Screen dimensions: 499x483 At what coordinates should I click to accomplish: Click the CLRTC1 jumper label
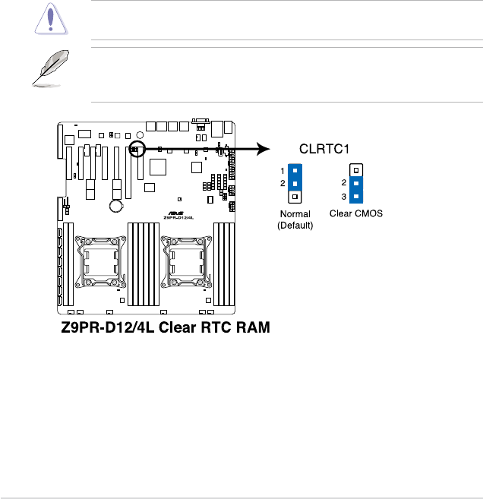pyautogui.click(x=324, y=150)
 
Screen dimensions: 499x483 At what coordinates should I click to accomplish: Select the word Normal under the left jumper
pyautogui.click(x=295, y=214)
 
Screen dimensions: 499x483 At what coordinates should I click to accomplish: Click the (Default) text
pyautogui.click(x=295, y=225)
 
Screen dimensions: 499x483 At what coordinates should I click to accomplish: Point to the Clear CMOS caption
pyautogui.click(x=355, y=214)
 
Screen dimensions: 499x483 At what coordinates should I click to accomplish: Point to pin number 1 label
pyautogui.click(x=283, y=171)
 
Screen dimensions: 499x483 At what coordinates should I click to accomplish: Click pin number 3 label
pyautogui.click(x=344, y=197)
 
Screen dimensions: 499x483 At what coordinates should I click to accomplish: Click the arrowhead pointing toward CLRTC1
pyautogui.click(x=264, y=149)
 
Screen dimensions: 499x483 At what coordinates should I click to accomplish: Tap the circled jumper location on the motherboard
pyautogui.click(x=137, y=148)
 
